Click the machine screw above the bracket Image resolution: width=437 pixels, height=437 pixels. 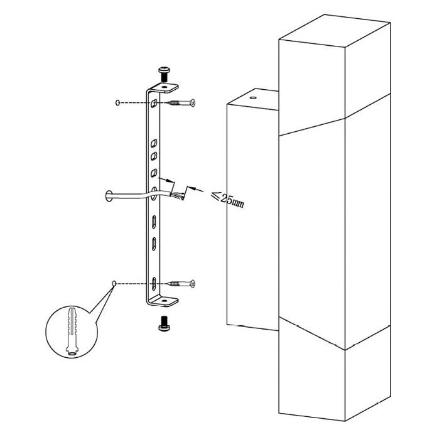point(164,73)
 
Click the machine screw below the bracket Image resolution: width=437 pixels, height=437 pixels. point(164,323)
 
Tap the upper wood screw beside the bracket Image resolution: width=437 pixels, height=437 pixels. point(181,103)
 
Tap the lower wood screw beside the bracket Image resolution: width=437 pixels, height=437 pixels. point(181,284)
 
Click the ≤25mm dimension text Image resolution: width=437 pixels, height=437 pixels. point(227,198)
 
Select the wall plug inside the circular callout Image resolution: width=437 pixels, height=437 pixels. point(72,331)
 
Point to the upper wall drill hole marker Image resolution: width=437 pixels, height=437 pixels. point(117,102)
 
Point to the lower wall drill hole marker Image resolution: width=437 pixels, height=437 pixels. point(114,284)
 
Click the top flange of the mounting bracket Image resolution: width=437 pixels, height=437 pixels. point(164,88)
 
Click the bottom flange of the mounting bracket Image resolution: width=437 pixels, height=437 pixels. point(164,301)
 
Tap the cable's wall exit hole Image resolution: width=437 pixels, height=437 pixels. point(109,196)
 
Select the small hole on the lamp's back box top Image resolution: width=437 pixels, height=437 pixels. point(253,98)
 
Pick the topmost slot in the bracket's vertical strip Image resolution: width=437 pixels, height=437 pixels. point(154,104)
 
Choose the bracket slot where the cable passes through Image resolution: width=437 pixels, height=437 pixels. point(154,194)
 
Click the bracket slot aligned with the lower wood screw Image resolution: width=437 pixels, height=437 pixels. point(154,284)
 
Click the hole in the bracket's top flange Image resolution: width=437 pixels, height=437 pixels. point(165,87)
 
